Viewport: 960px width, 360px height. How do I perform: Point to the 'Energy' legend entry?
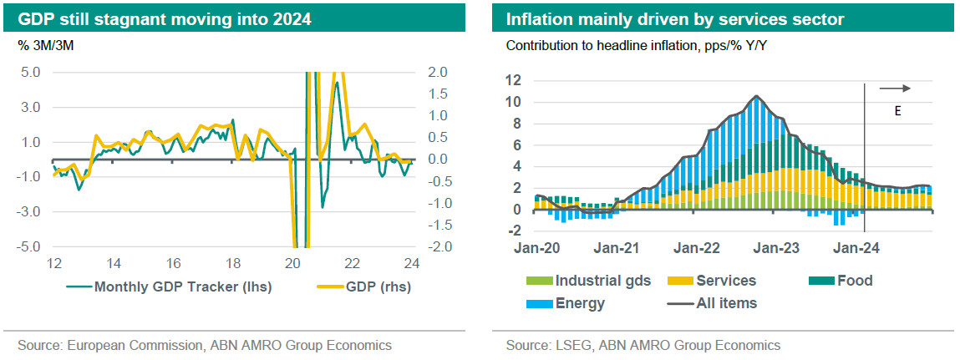578,303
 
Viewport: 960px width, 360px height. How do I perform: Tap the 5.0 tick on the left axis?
30,73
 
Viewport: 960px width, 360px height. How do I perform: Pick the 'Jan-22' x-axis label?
697,226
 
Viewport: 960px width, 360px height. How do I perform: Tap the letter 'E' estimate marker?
897,109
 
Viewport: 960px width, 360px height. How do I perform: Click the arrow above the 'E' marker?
895,88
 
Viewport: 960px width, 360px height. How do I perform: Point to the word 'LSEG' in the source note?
569,344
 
